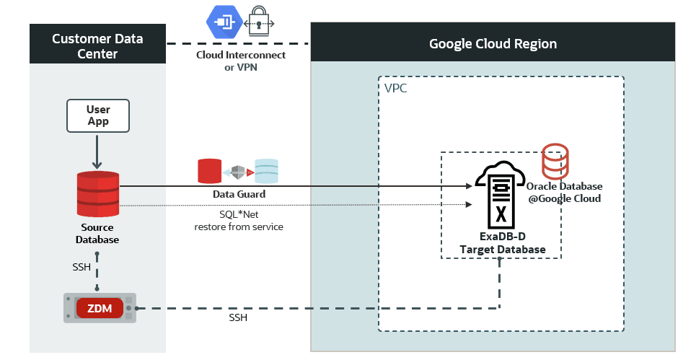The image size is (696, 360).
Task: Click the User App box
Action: (x=97, y=115)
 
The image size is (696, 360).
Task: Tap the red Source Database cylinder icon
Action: (x=98, y=193)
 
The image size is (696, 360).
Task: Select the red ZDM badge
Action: (x=100, y=308)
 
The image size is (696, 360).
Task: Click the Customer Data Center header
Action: (x=97, y=44)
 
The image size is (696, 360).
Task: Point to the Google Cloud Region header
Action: (x=493, y=43)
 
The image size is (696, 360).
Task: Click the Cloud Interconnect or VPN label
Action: (x=241, y=61)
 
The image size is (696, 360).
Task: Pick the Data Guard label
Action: (x=238, y=194)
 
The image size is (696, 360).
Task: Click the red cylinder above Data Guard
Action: (x=209, y=171)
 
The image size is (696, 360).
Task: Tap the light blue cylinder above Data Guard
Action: (x=266, y=171)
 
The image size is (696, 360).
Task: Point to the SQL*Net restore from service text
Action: (x=238, y=221)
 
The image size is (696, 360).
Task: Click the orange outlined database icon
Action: (x=555, y=161)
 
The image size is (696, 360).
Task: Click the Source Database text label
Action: (x=97, y=233)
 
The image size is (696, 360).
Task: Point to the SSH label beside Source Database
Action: (x=82, y=267)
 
